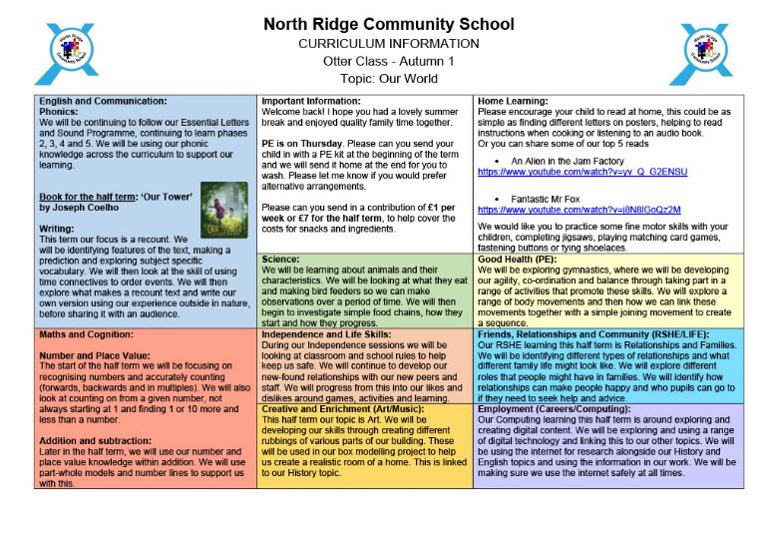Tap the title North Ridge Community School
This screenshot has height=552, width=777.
pyautogui.click(x=388, y=24)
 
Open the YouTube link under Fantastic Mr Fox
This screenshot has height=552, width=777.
pyautogui.click(x=579, y=210)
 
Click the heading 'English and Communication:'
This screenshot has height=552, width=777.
pyautogui.click(x=103, y=102)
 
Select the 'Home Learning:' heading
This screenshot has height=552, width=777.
pyautogui.click(x=513, y=102)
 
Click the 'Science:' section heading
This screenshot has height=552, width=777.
pyautogui.click(x=281, y=260)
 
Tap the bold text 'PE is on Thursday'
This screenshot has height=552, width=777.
pyautogui.click(x=299, y=142)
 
